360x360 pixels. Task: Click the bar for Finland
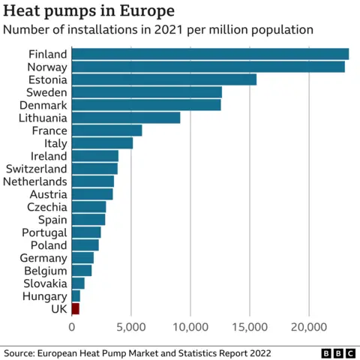click(210, 54)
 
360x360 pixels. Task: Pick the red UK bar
click(75, 308)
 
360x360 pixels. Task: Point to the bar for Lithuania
click(126, 118)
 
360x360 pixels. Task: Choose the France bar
click(106, 130)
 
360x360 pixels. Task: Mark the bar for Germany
click(82, 257)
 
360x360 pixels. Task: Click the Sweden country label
click(47, 92)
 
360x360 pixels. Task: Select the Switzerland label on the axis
click(36, 169)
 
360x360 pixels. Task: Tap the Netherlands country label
click(35, 181)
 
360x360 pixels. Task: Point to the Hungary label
click(45, 295)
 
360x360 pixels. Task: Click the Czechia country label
click(46, 207)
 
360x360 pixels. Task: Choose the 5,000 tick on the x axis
click(131, 327)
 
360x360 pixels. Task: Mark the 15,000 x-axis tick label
click(250, 327)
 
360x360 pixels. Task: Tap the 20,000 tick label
click(309, 327)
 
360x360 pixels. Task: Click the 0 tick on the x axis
click(72, 327)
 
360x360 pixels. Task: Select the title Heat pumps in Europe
click(89, 11)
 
